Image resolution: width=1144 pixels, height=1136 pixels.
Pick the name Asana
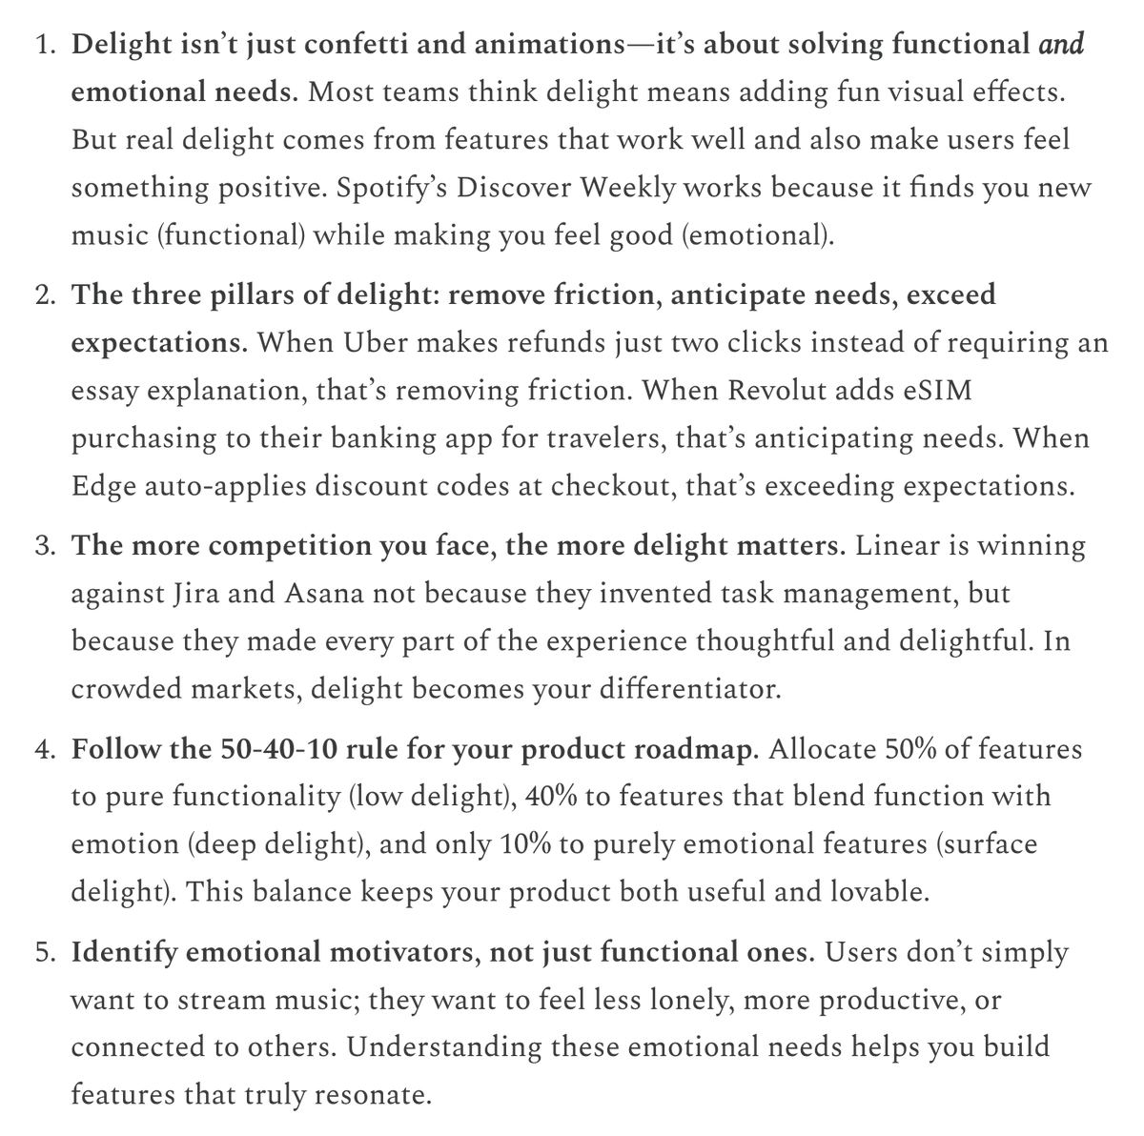(322, 594)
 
